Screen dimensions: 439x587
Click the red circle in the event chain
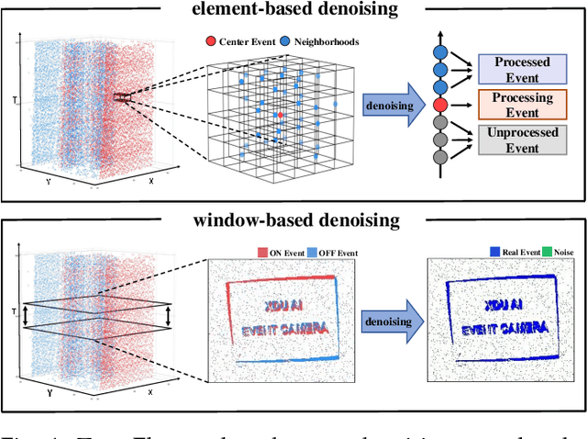click(439, 105)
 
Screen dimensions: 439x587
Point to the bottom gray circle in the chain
click(439, 157)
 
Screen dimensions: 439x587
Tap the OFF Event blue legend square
click(311, 253)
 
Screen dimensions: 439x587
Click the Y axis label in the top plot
click(48, 182)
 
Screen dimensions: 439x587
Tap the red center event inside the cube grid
click(280, 115)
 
